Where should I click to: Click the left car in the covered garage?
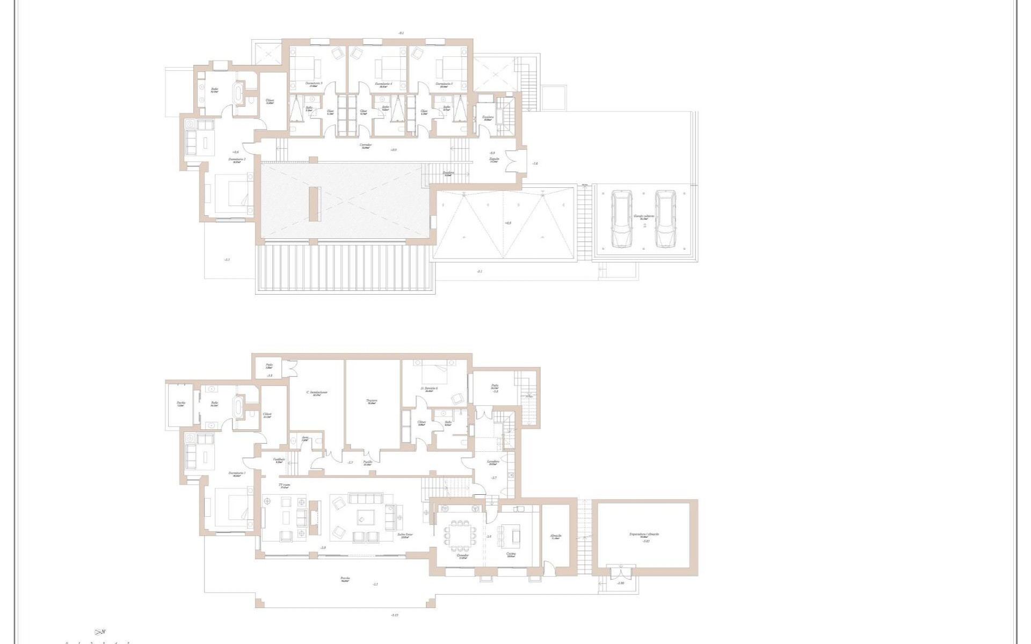pos(622,219)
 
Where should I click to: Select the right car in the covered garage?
pos(664,219)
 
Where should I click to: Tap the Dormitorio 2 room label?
pos(237,159)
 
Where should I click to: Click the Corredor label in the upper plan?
pos(366,145)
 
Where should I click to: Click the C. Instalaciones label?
pos(317,392)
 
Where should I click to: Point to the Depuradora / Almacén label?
pos(644,535)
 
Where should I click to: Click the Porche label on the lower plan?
pos(345,579)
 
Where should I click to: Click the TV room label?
pos(284,485)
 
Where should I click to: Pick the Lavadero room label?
pos(493,462)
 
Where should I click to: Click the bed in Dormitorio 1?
pos(232,507)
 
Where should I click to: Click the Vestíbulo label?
pos(279,459)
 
